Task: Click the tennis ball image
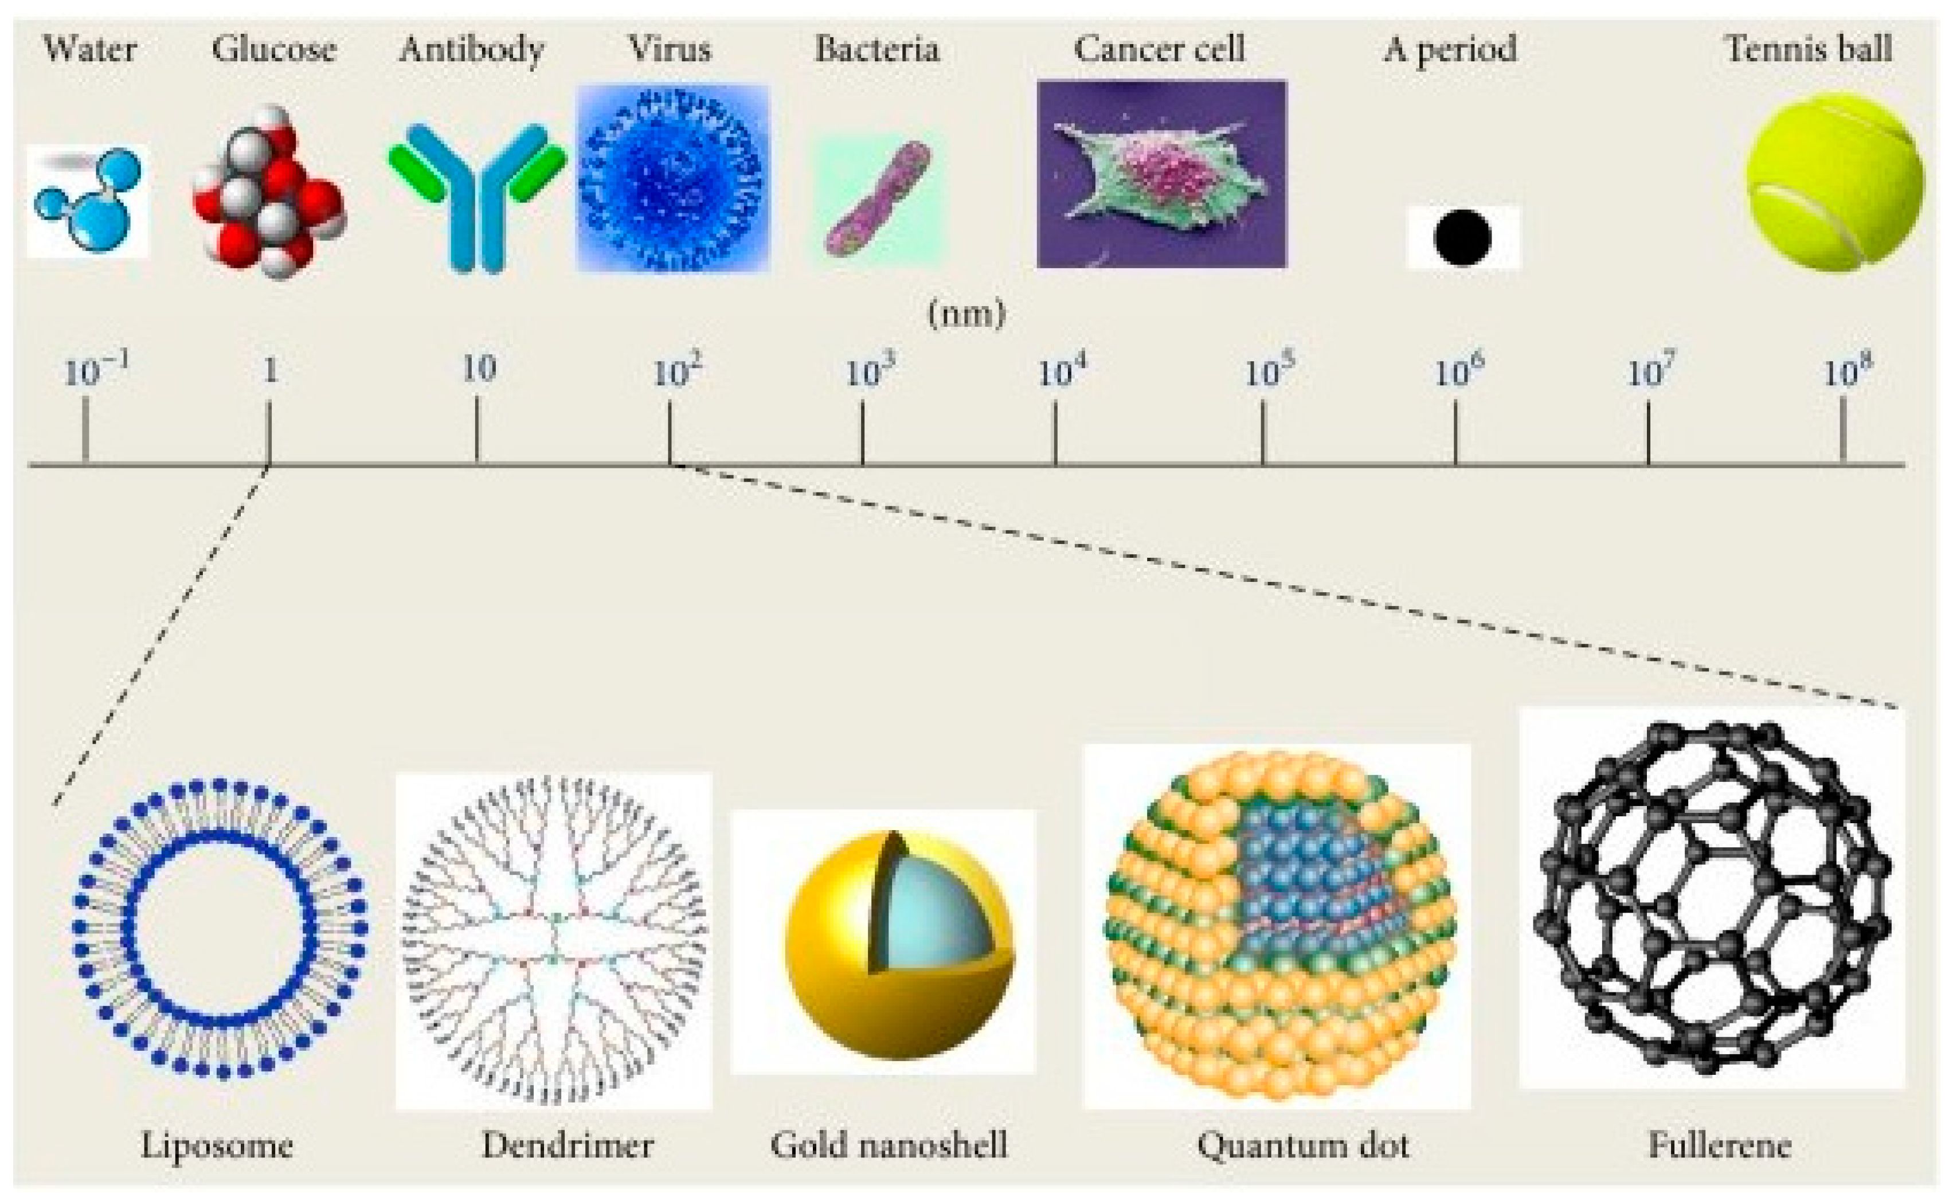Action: [1834, 181]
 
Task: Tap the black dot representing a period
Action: [1462, 237]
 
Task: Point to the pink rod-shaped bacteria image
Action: [878, 198]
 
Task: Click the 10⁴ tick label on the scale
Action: [1061, 371]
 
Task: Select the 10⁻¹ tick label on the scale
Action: [95, 371]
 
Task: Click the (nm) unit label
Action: [966, 314]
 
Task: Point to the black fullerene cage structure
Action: [1712, 898]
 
